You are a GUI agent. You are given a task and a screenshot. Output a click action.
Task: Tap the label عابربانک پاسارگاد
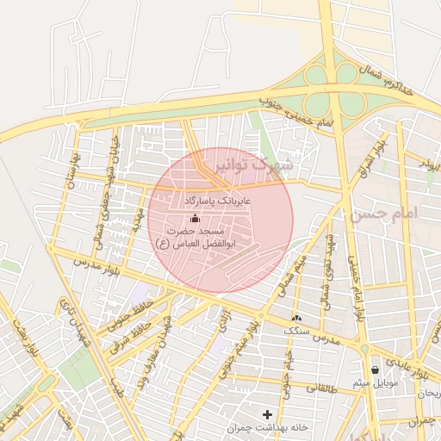[x=216, y=200]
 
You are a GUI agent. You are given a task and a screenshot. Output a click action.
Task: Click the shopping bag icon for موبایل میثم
[x=374, y=370]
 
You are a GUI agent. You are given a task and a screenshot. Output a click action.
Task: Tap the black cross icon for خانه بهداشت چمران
[x=267, y=414]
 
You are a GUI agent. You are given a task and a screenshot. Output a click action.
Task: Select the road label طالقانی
[x=323, y=388]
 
